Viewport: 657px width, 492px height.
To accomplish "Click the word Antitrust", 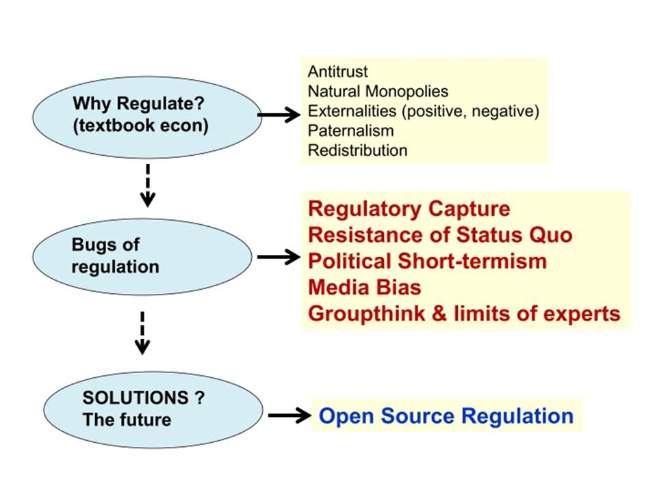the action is coord(337,72).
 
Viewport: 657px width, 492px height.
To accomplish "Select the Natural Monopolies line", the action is coord(378,91).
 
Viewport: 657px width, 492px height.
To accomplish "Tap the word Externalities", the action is coord(352,111).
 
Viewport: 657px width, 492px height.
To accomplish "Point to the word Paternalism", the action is coord(350,131).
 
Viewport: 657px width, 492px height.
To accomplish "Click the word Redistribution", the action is coord(357,150).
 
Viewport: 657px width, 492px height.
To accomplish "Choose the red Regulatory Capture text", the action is coord(409,209).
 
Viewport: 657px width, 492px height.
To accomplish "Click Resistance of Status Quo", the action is coord(440,234).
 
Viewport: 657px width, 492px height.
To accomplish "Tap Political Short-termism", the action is coord(427,261).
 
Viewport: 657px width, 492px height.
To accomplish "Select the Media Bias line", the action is coord(365,288).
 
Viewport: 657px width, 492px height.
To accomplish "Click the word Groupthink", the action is coord(366,314).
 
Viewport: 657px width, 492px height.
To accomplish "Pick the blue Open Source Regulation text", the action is coord(446,416).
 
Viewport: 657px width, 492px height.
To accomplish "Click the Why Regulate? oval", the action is coord(147,117).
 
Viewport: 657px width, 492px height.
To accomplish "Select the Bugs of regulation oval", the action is coord(142,257).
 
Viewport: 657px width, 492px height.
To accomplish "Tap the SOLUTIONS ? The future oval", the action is coord(153,410).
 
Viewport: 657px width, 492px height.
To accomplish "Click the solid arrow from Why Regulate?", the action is coord(279,114).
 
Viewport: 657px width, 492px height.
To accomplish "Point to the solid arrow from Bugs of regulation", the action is coord(279,257).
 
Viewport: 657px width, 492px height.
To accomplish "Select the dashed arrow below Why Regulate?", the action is coord(148,186).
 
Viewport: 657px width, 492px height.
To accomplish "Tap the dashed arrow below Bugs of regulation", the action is coord(142,333).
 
